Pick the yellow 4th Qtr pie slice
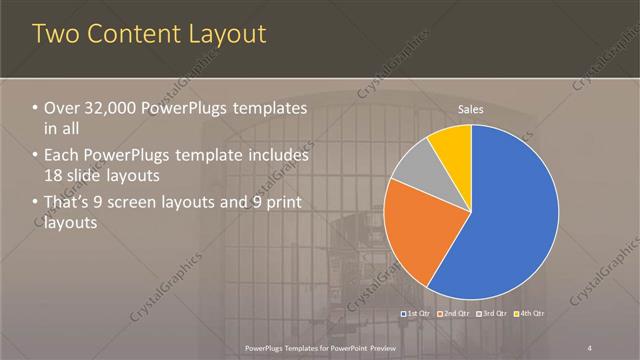point(452,146)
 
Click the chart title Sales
point(471,109)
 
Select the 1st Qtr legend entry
point(415,314)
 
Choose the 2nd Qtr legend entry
point(454,314)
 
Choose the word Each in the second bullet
point(65,156)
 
